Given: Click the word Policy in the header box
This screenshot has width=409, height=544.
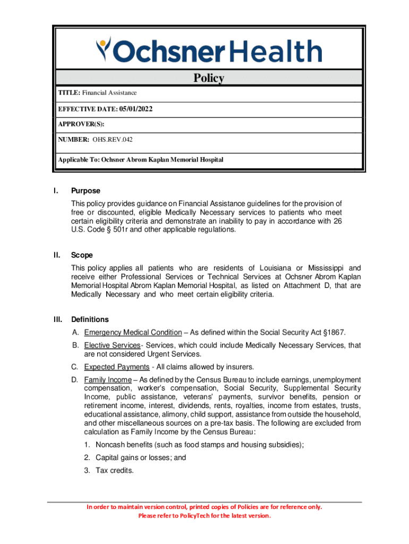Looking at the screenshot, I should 208,78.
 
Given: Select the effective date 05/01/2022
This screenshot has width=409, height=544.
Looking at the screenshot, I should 135,109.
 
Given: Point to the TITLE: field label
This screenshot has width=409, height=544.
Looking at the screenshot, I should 69,93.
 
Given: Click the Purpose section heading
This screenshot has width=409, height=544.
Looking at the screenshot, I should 86,191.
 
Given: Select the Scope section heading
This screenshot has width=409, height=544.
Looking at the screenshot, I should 82,255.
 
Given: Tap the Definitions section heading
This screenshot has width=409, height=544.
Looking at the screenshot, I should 90,319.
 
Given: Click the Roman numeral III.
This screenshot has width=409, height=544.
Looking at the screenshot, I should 58,319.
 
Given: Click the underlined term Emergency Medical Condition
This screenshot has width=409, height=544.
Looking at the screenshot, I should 132,333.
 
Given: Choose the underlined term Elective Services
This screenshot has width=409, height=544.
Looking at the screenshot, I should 112,345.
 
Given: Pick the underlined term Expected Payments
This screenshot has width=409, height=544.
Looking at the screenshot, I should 116,367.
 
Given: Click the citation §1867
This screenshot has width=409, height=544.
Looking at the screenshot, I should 334,333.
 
